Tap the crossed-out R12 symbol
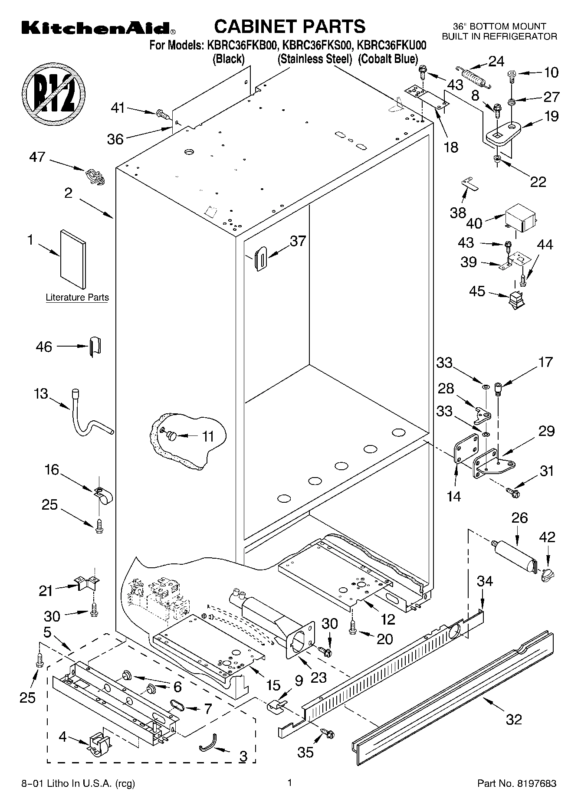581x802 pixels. (x=54, y=93)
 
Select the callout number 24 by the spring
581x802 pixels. (x=496, y=61)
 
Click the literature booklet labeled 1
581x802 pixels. (x=72, y=259)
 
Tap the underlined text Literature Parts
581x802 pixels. (x=77, y=298)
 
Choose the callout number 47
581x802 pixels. (x=37, y=156)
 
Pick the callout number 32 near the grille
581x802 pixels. (x=514, y=720)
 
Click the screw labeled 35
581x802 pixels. (x=328, y=733)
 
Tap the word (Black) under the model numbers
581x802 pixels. (x=228, y=59)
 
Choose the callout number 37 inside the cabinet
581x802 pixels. (x=298, y=241)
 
